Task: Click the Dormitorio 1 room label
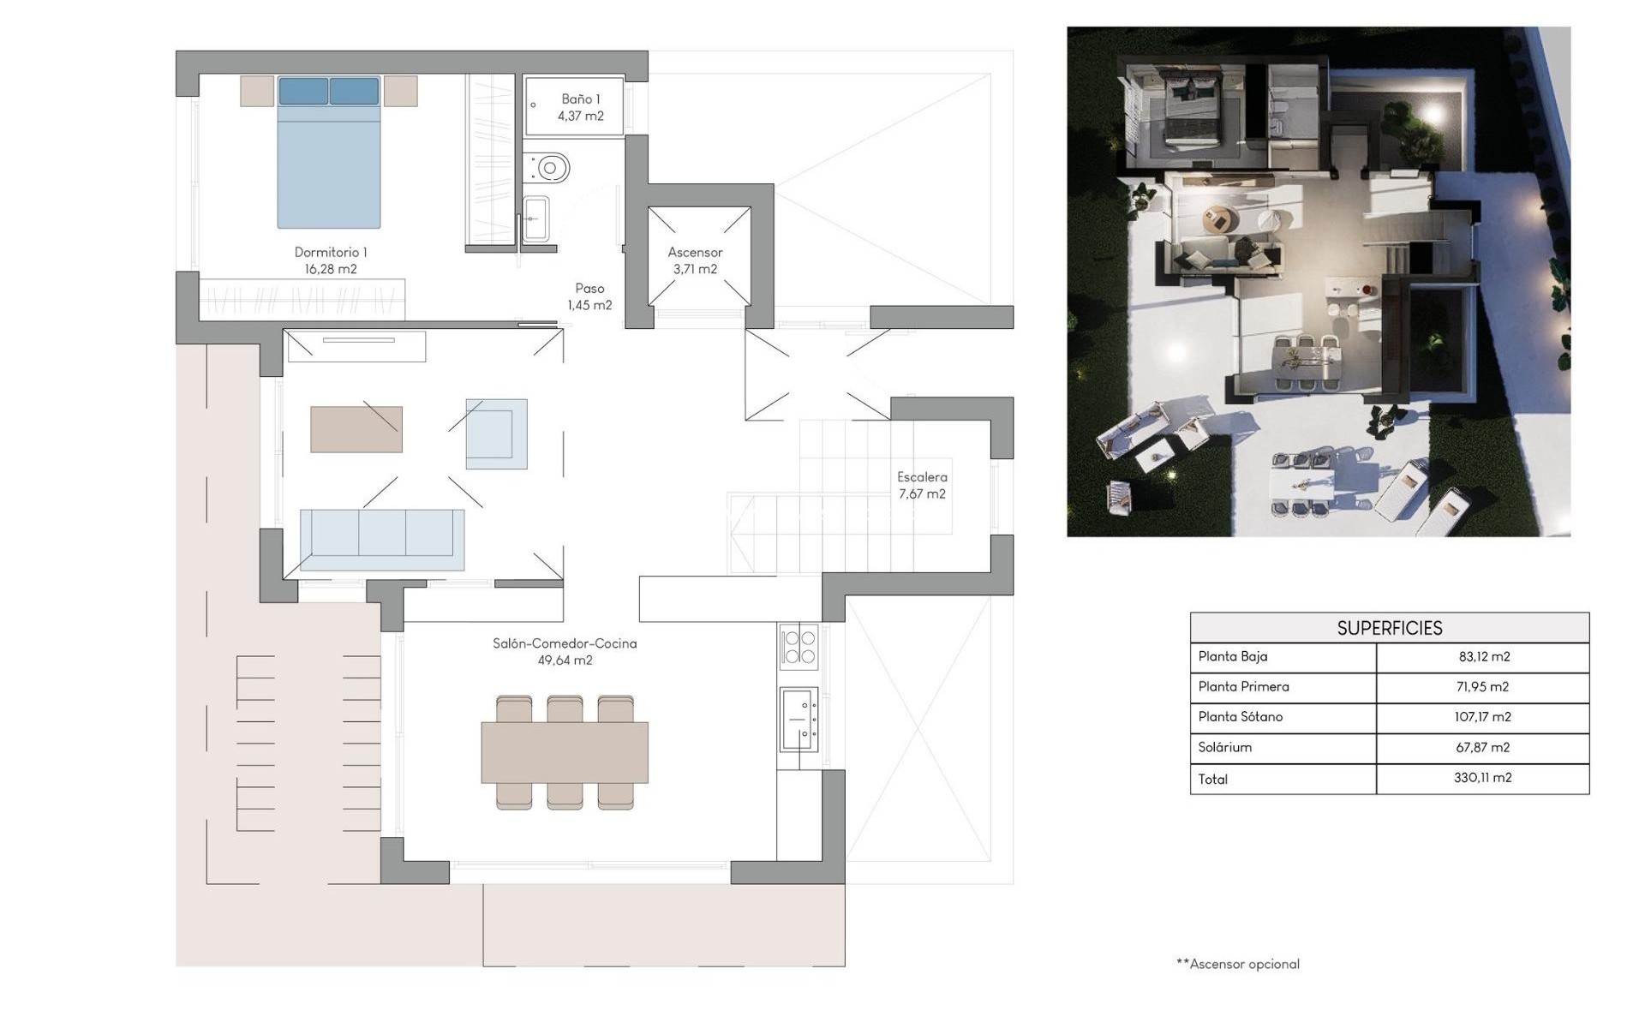tap(330, 253)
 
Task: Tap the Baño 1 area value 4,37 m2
tap(580, 117)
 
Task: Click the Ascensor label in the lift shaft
tap(695, 253)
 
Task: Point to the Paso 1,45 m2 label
tap(589, 297)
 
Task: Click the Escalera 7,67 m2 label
tap(922, 486)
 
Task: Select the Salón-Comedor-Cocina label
tap(565, 643)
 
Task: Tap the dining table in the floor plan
tap(564, 752)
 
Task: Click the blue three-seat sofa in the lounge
tap(382, 540)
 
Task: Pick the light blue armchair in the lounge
tap(496, 433)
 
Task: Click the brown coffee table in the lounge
tap(356, 429)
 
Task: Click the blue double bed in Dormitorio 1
tap(328, 154)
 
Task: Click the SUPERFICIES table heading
tap(1389, 628)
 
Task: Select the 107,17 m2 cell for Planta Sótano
tap(1482, 717)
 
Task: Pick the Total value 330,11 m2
tap(1482, 778)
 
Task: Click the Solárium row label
tap(1224, 747)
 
